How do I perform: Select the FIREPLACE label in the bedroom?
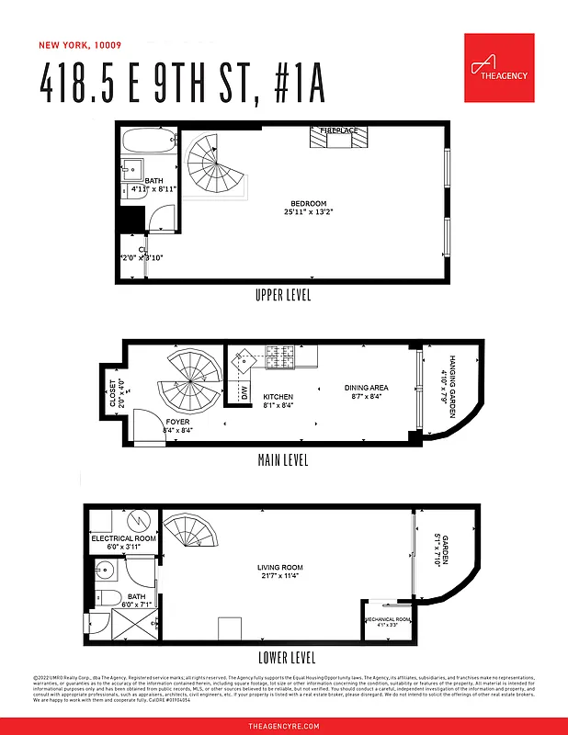coord(338,131)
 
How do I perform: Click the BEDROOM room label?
coord(308,204)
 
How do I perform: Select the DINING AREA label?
coord(366,388)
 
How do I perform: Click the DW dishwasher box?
coord(244,393)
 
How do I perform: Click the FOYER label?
coord(177,423)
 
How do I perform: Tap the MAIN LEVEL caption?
coord(283,459)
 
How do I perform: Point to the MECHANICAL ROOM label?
coord(387,619)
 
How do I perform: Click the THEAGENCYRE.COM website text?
coord(284,726)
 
